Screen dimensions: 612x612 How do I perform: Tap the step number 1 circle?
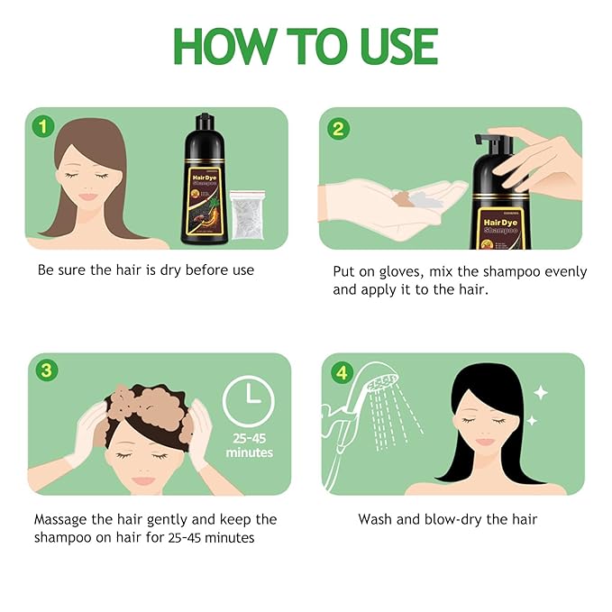point(41,126)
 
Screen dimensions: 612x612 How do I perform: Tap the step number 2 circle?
point(337,128)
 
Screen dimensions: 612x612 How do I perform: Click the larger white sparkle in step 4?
point(540,392)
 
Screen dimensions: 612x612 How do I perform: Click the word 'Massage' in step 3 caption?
point(64,519)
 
